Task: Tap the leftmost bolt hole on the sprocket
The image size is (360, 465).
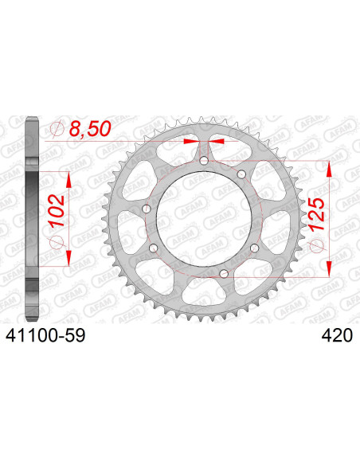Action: [x=146, y=209]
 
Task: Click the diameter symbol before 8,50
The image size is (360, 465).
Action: [x=57, y=127]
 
